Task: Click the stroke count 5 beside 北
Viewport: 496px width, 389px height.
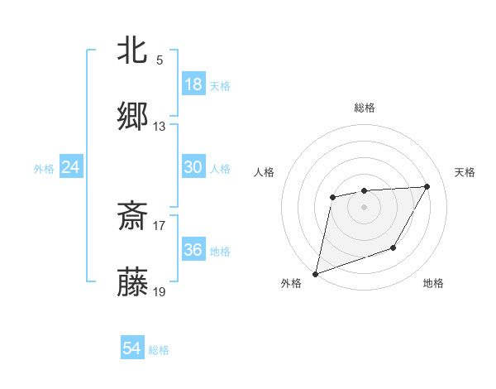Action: click(160, 60)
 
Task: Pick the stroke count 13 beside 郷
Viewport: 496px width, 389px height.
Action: click(160, 127)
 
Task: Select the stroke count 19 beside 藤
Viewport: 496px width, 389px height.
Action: click(160, 292)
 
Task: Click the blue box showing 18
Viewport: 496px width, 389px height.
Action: click(193, 84)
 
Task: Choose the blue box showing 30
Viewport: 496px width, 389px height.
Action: click(193, 167)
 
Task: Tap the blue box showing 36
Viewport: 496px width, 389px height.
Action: click(193, 250)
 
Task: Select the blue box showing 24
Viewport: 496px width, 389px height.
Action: click(70, 167)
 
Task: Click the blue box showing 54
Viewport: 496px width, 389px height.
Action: click(132, 349)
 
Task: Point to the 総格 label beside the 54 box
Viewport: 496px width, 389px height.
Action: click(159, 350)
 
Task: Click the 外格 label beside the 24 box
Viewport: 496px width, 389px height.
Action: click(44, 168)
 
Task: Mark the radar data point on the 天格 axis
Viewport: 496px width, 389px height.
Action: click(427, 186)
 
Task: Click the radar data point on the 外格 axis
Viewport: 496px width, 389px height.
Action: click(316, 273)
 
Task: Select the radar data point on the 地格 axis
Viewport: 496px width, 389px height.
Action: click(393, 247)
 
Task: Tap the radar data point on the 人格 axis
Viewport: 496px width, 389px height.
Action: click(332, 197)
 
